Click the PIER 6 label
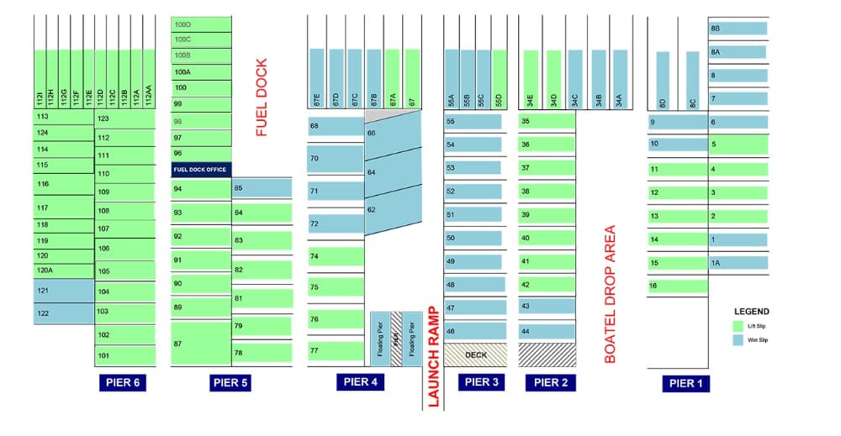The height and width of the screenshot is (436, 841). [x=123, y=383]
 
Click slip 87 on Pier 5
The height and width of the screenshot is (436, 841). [x=201, y=344]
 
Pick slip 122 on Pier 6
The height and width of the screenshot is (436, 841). [x=64, y=313]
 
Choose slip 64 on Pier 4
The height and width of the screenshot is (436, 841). [x=392, y=172]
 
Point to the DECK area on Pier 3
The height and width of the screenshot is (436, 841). [x=475, y=355]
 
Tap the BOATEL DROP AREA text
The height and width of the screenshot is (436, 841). [x=611, y=294]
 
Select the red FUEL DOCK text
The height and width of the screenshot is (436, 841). [x=262, y=97]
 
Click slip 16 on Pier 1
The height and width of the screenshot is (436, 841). [x=678, y=286]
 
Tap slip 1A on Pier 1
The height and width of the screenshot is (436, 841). [x=738, y=262]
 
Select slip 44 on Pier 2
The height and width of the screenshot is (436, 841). [x=547, y=331]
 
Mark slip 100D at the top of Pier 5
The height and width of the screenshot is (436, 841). [x=201, y=24]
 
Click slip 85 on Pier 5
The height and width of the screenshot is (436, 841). [x=262, y=188]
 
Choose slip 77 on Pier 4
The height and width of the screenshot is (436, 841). [x=336, y=350]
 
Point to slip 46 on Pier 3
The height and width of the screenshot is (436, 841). [x=475, y=332]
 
